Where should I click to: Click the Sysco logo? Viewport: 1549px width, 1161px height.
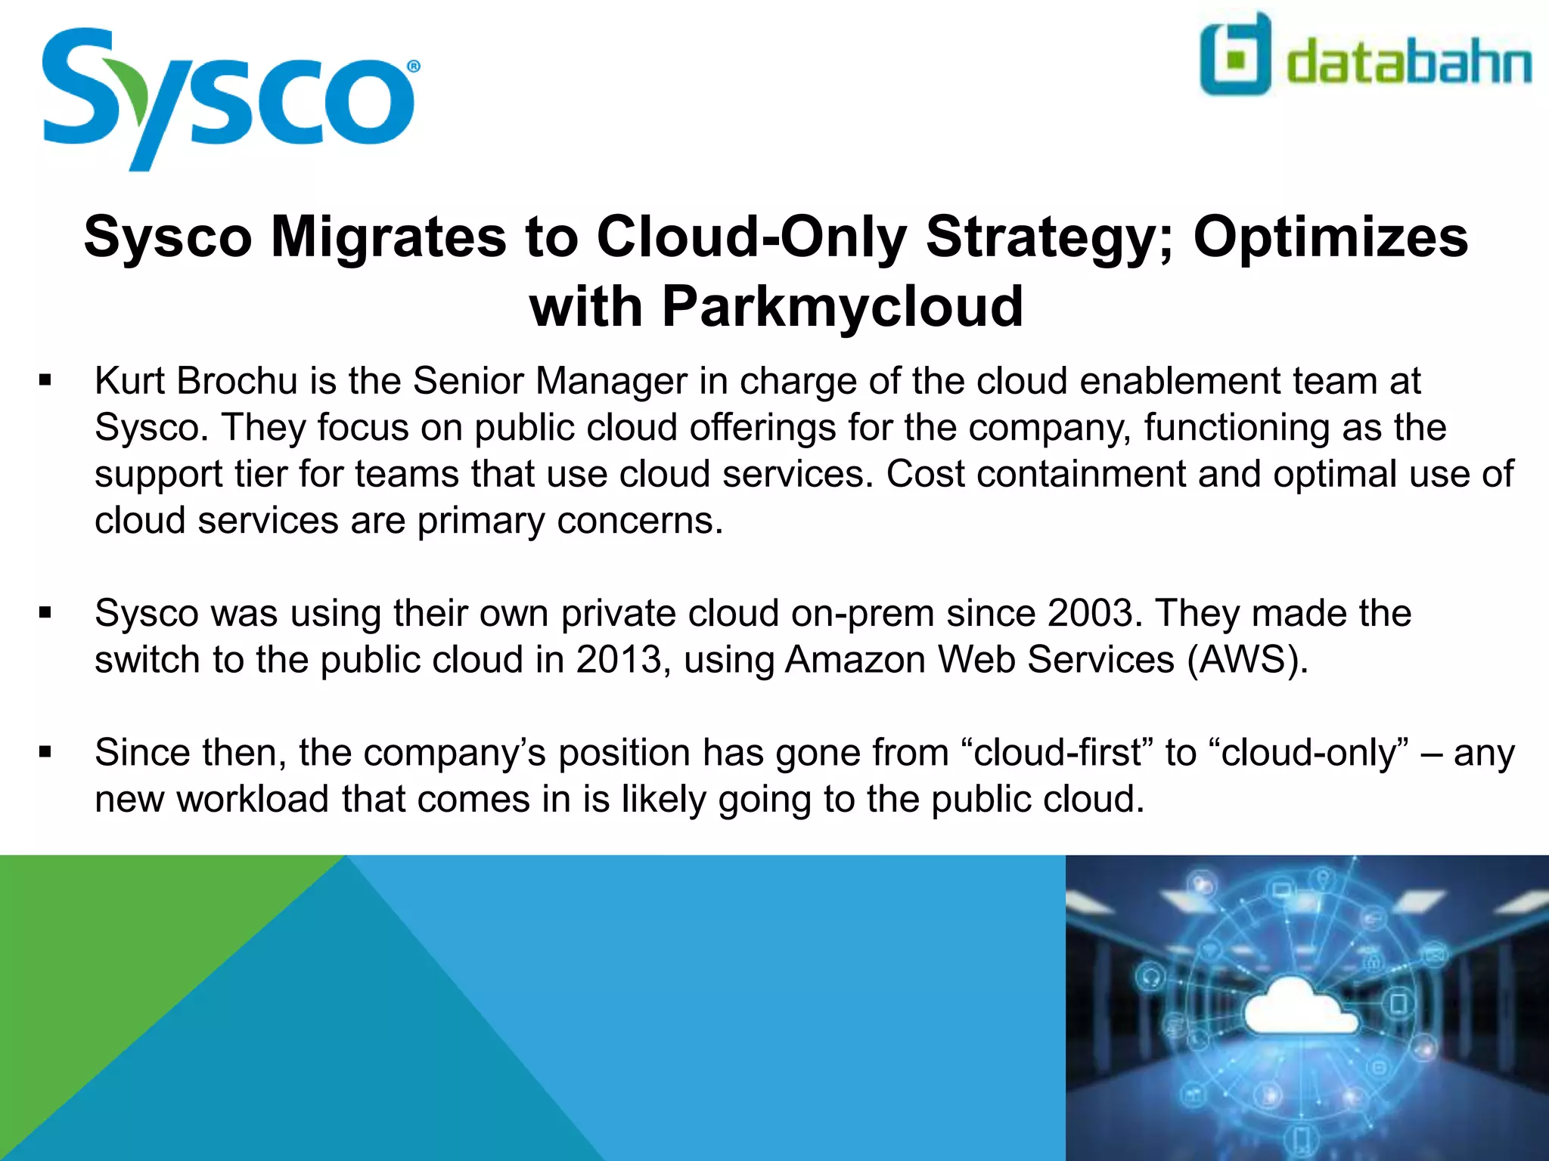coord(227,98)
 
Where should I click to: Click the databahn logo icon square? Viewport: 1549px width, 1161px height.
coord(1235,55)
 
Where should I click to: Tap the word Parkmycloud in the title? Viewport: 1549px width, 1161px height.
coord(843,307)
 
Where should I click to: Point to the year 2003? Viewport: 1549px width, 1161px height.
coord(1091,613)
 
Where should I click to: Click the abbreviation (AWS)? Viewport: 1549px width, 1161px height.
coord(1247,660)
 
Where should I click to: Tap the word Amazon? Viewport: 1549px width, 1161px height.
coord(855,660)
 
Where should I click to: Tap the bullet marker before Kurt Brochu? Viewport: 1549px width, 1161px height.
coord(45,380)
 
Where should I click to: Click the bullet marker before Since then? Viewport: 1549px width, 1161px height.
coord(45,753)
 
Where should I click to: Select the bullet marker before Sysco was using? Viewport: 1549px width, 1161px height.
coord(45,613)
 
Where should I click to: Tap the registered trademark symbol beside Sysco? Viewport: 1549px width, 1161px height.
coord(413,67)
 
